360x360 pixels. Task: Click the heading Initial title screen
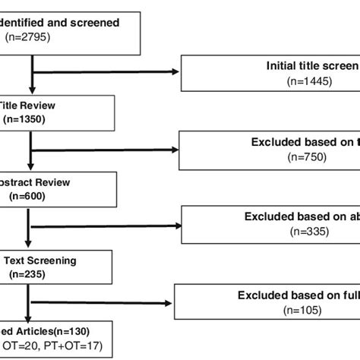coord(311,66)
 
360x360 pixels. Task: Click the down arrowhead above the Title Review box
coord(32,89)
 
